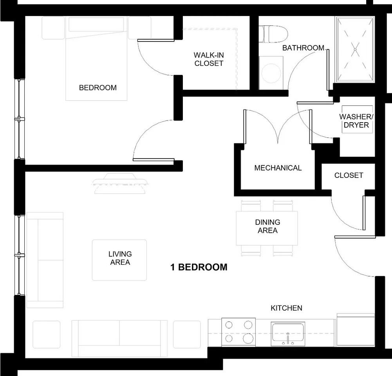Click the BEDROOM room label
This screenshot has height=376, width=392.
point(98,88)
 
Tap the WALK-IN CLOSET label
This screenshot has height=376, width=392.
point(209,59)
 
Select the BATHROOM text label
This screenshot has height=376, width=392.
point(303,48)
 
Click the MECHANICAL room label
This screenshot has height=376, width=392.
point(278,168)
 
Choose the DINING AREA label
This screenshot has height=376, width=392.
point(267,226)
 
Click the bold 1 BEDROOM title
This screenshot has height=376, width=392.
point(199,268)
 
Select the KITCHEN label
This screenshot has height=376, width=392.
point(286,308)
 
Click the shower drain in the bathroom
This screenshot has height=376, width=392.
point(355,49)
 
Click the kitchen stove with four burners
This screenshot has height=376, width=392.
point(238,332)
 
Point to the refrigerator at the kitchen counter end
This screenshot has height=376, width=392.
point(356,330)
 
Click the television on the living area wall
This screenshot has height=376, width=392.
point(121,183)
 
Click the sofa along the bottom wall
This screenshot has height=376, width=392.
point(119,333)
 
